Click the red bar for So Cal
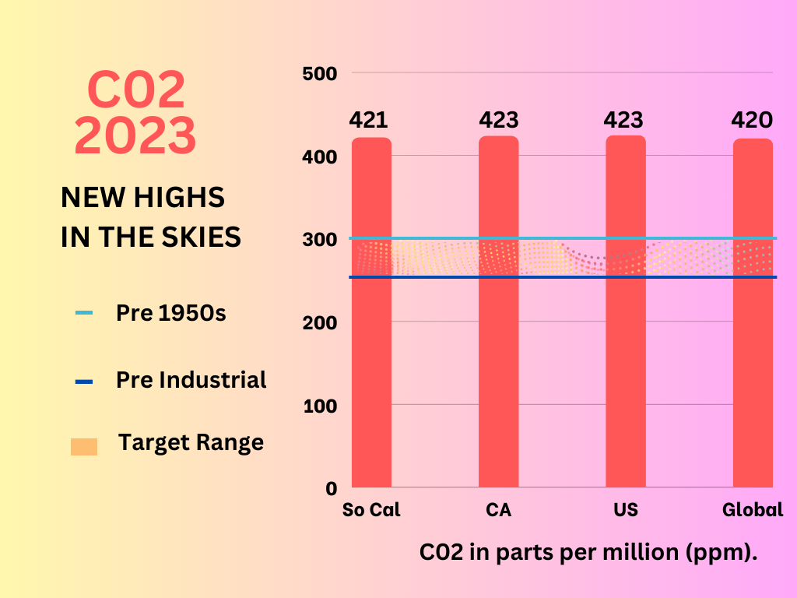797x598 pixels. tap(371, 350)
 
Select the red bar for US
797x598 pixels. tap(626, 350)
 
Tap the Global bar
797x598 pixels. tap(753, 350)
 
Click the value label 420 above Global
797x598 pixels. tap(752, 121)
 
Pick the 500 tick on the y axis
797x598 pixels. tap(319, 74)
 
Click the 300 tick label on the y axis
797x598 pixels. tap(319, 239)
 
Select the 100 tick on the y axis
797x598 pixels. tap(319, 406)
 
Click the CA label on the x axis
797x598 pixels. tap(498, 511)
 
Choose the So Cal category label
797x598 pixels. tap(371, 511)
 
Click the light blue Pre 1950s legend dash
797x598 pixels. tap(84, 314)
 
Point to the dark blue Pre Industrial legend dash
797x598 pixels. tap(84, 382)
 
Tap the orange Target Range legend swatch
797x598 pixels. tap(84, 447)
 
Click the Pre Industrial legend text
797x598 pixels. tap(191, 380)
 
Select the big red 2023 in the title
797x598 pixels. tap(135, 135)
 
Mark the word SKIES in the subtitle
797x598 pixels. tap(204, 237)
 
